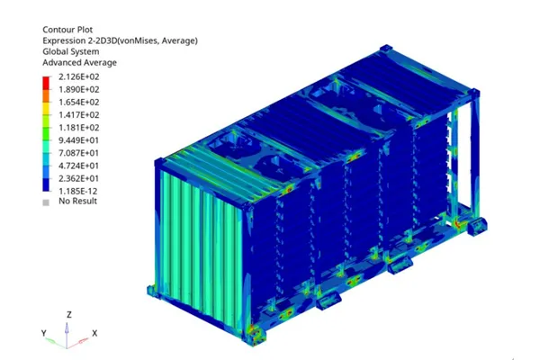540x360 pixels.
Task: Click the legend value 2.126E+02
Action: point(78,78)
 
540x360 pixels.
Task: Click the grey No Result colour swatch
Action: point(46,201)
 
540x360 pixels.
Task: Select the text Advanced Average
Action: point(80,63)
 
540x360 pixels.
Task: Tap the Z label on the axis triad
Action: point(69,316)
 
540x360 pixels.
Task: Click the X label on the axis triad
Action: point(94,333)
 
